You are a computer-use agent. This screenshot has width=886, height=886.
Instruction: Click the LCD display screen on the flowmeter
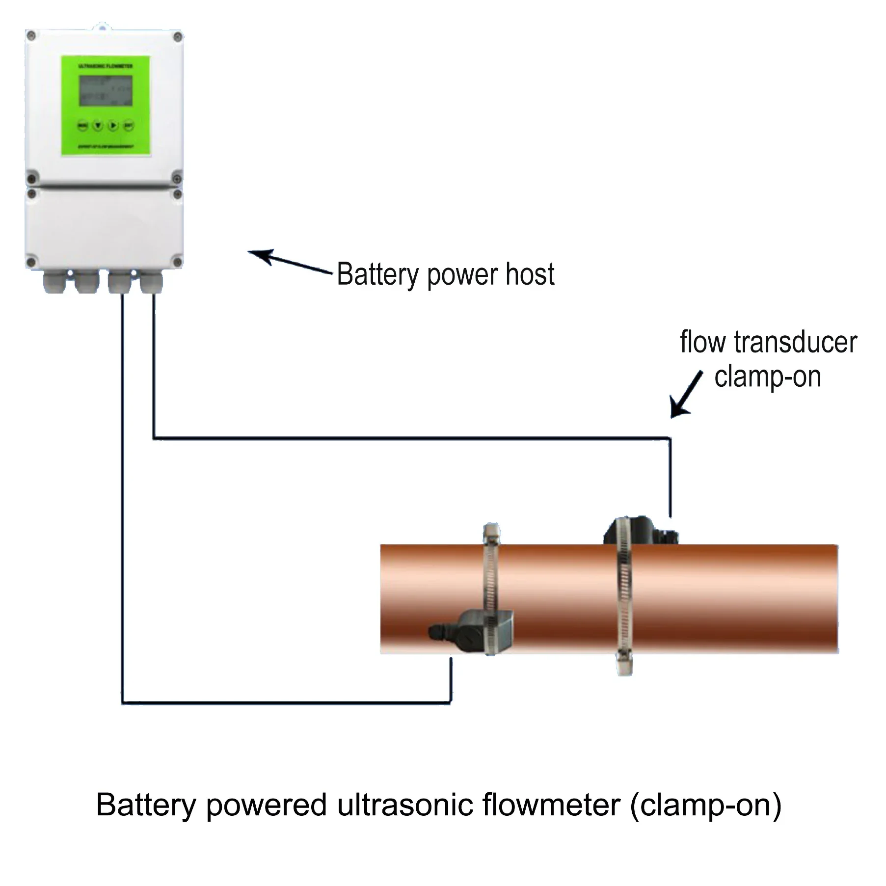point(106,91)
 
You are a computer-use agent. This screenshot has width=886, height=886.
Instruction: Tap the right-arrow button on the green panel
point(113,126)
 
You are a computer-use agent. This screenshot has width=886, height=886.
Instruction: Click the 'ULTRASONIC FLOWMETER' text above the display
point(106,66)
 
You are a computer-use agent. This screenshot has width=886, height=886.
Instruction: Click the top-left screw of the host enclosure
point(31,35)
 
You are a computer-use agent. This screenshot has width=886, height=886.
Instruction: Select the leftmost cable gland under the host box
point(54,283)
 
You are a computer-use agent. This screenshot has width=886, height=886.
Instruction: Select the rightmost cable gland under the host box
point(151,283)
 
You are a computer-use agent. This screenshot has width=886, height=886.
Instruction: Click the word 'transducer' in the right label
point(795,342)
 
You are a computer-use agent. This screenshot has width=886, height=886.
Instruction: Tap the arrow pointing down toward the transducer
point(686,395)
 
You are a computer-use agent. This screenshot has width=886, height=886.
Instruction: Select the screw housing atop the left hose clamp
point(491,534)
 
